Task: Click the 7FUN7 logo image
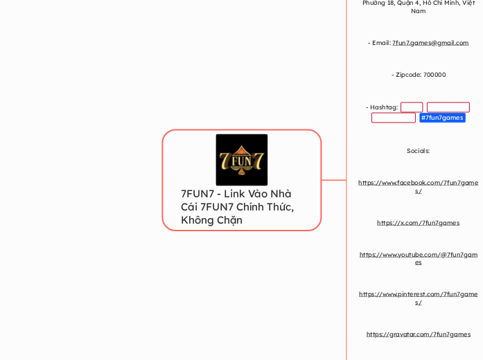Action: pyautogui.click(x=241, y=159)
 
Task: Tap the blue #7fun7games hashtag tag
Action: pyautogui.click(x=442, y=118)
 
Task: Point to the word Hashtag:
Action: pyautogui.click(x=382, y=107)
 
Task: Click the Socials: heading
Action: pyautogui.click(x=418, y=150)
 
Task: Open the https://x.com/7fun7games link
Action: pyautogui.click(x=418, y=223)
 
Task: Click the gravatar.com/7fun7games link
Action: pyautogui.click(x=418, y=334)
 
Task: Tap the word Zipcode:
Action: pyautogui.click(x=405, y=75)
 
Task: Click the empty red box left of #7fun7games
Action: pyautogui.click(x=393, y=118)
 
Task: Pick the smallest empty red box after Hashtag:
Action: pyautogui.click(x=412, y=107)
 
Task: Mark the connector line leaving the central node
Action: pyautogui.click(x=334, y=180)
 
